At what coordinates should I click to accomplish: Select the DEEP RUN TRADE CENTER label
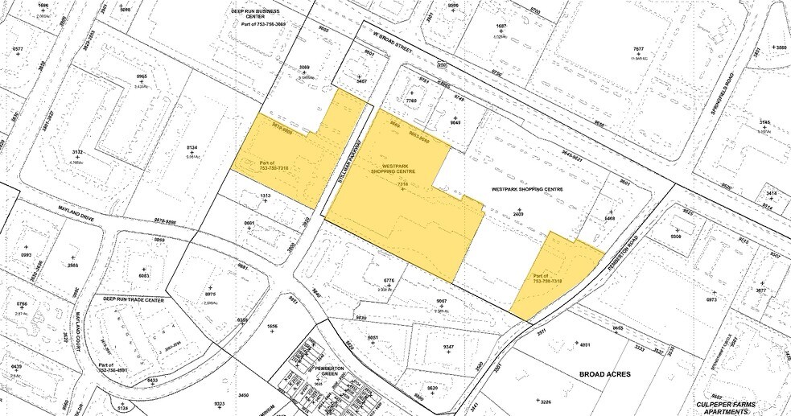coord(133,300)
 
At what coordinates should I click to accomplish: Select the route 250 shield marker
coord(442,64)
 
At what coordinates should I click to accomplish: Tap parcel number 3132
coord(78,153)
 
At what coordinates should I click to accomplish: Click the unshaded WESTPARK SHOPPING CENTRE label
coord(526,189)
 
